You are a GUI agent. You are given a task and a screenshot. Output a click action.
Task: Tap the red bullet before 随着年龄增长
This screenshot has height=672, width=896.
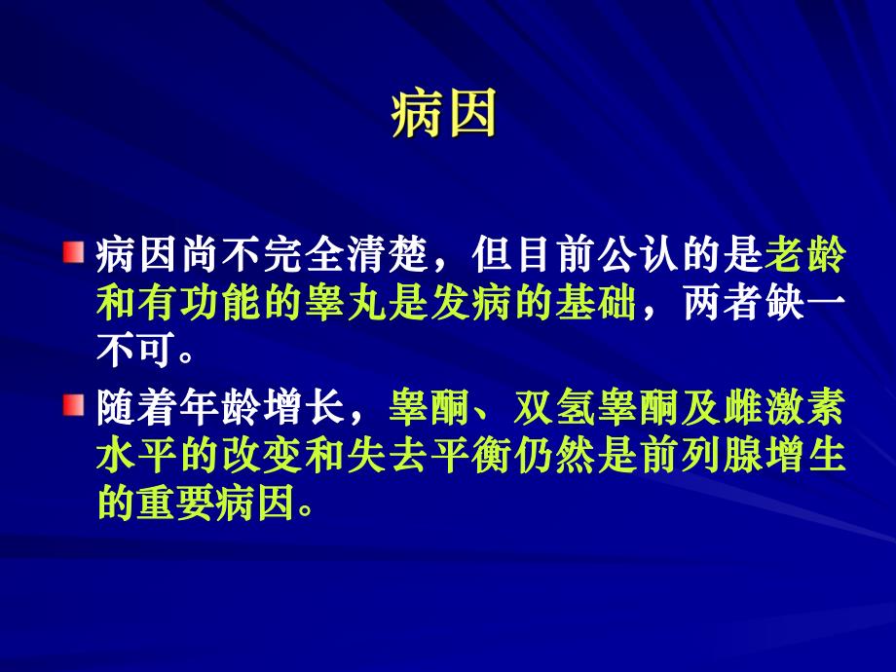click(x=74, y=406)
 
